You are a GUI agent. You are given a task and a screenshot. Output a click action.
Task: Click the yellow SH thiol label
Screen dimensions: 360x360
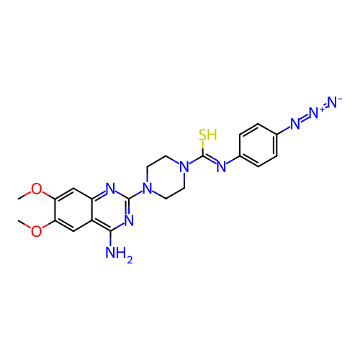coord(208,135)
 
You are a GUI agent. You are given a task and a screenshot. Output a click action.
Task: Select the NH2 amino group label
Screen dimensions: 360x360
coord(119,253)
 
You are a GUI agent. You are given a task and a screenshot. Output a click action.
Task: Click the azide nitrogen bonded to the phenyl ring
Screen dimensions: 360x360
coord(295,124)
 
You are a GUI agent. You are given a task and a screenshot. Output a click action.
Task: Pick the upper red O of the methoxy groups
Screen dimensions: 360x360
coord(36,189)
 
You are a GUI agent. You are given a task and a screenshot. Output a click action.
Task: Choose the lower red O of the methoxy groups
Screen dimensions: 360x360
coord(36,231)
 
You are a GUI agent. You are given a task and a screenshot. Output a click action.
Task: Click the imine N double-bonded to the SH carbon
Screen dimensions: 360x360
coord(221,166)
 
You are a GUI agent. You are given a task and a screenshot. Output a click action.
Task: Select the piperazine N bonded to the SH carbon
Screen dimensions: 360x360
coord(184,166)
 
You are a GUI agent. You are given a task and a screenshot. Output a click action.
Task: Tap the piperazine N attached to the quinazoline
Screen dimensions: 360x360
coord(148,188)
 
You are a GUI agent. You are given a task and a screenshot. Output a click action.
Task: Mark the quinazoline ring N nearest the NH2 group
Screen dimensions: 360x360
coord(129,220)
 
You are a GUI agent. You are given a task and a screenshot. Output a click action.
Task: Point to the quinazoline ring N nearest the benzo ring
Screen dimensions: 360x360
coord(110,188)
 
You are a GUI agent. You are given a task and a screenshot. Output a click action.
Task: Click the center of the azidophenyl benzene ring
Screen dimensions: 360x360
coord(258,145)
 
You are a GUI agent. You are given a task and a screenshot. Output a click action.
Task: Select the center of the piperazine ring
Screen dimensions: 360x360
coord(166,177)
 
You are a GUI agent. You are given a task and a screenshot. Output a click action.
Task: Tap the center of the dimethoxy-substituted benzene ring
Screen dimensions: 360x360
coord(73,210)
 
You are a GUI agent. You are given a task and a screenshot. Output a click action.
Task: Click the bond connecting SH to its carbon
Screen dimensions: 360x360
coord(203,148)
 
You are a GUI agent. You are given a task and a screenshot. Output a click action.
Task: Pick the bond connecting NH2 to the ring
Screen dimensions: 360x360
coord(110,239)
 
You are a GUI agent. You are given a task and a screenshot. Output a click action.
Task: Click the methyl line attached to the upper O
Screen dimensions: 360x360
coord(24,195)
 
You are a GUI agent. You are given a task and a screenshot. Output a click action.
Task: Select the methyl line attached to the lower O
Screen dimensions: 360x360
coord(24,224)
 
